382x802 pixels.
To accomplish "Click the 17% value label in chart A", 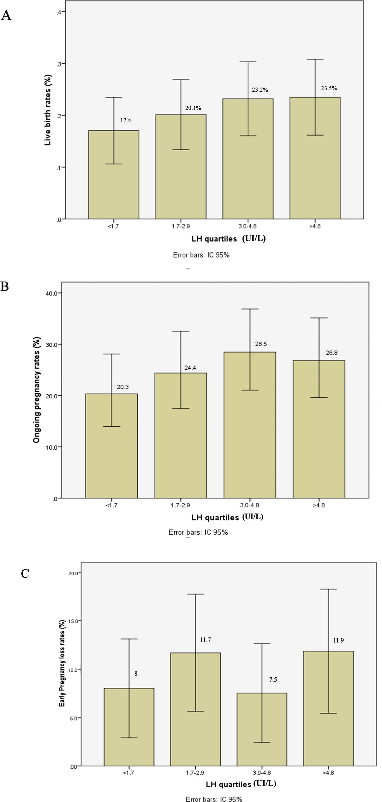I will [126, 120].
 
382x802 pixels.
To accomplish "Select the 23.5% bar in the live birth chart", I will [315, 159].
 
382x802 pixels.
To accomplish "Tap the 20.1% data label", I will [193, 108].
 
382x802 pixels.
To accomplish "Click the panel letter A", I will [6, 15].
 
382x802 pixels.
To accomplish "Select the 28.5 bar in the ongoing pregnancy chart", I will [250, 427].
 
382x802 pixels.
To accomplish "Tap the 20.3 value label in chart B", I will [123, 387].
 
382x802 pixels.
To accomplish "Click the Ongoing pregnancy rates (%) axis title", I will [37, 390].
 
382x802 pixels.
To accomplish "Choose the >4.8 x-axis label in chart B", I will [319, 505].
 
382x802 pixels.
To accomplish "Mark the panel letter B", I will [5, 287].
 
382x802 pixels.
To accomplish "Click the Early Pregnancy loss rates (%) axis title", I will [62, 671].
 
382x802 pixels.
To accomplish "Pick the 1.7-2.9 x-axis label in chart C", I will [195, 773].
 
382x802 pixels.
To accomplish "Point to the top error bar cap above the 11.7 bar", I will [195, 594].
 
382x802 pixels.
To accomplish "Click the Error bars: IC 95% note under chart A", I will [201, 255].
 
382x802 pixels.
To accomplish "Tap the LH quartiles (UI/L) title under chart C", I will [241, 784].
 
